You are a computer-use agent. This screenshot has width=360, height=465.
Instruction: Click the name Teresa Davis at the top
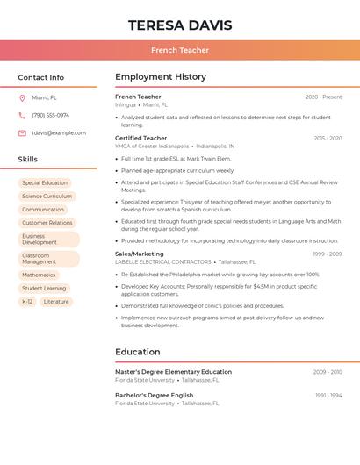[180, 25]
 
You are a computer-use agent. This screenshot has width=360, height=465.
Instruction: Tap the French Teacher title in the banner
[180, 51]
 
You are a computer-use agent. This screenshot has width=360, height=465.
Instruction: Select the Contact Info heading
[41, 77]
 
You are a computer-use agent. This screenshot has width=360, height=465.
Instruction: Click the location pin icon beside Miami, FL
[22, 98]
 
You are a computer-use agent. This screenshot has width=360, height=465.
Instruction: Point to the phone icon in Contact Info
[22, 116]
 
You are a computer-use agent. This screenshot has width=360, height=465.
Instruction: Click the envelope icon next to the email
[22, 133]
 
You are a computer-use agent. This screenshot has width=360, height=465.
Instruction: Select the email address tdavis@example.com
[59, 133]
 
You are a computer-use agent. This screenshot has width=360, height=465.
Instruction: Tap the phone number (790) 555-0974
[50, 116]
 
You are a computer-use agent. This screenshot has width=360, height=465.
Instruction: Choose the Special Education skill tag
[45, 183]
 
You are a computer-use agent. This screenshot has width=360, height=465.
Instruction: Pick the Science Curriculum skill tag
[47, 197]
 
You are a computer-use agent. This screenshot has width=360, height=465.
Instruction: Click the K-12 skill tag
[27, 302]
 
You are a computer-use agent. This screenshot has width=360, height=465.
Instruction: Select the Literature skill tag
[56, 302]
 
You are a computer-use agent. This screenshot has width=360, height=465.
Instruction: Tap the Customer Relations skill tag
[47, 223]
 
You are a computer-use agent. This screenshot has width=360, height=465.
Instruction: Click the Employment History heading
[161, 77]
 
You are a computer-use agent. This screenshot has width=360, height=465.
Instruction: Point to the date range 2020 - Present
[323, 97]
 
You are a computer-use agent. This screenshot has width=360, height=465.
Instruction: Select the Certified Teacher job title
[140, 138]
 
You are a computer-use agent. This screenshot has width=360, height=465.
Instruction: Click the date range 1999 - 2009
[327, 254]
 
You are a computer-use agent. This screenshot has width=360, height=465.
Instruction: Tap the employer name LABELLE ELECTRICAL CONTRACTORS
[163, 262]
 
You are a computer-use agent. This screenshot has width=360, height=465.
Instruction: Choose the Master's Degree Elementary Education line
[173, 372]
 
